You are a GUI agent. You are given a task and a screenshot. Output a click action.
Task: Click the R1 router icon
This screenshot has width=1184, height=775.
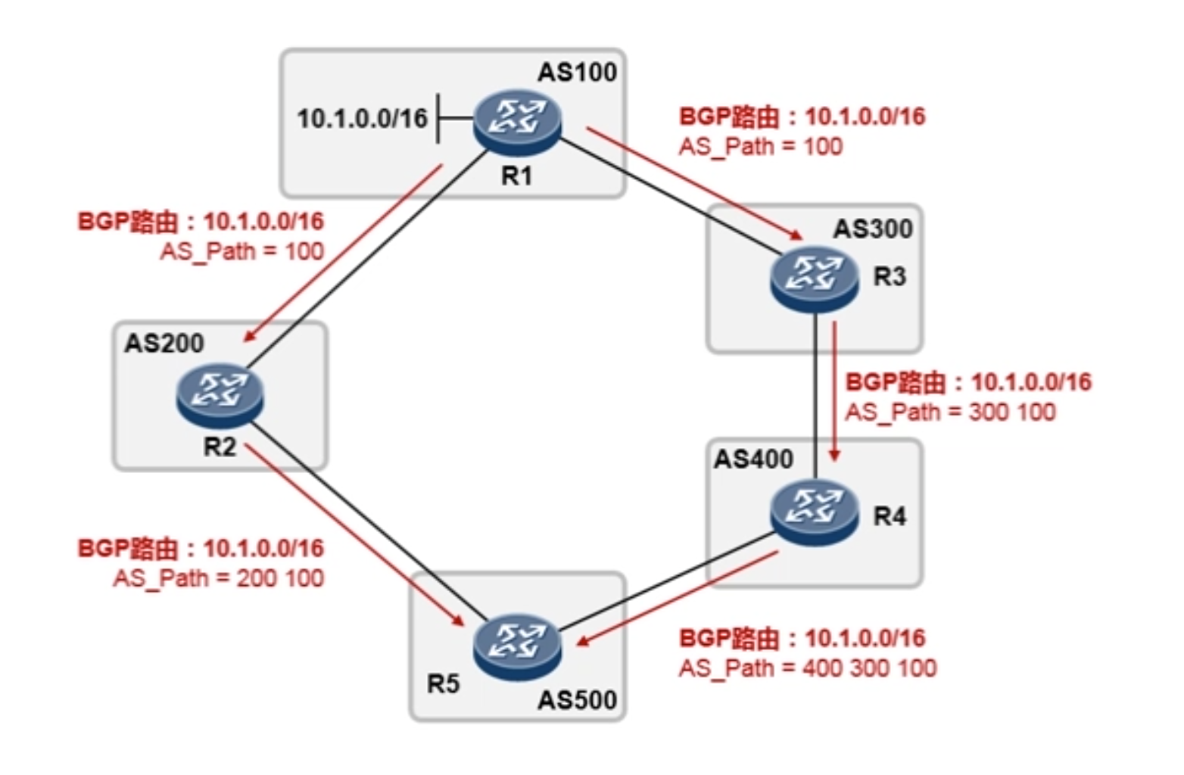(x=518, y=121)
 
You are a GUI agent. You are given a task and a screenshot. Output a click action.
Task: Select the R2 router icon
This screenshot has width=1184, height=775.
(x=220, y=394)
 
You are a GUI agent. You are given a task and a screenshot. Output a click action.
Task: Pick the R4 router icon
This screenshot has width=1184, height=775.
(x=815, y=513)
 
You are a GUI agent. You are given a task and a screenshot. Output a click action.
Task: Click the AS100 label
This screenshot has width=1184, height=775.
(x=577, y=72)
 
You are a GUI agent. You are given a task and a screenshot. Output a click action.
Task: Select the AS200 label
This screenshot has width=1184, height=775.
(x=164, y=343)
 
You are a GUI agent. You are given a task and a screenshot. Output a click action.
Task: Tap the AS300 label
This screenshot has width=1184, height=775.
(x=873, y=229)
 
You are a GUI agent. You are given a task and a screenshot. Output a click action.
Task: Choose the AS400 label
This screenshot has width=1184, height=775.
(x=753, y=459)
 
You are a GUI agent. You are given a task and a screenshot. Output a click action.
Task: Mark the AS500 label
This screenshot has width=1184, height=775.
(x=577, y=700)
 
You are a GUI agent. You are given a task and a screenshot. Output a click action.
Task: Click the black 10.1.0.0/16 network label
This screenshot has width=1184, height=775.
(x=362, y=119)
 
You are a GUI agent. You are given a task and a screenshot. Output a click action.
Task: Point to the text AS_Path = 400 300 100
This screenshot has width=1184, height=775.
(x=807, y=668)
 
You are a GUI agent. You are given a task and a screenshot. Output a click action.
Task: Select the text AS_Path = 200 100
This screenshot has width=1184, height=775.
(x=218, y=578)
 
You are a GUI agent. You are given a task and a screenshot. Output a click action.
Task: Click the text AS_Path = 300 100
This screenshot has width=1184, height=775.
(x=949, y=412)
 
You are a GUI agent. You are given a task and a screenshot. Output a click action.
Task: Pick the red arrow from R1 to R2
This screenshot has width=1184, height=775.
(x=344, y=254)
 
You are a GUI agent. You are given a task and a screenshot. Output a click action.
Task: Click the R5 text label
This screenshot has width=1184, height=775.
(x=443, y=684)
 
